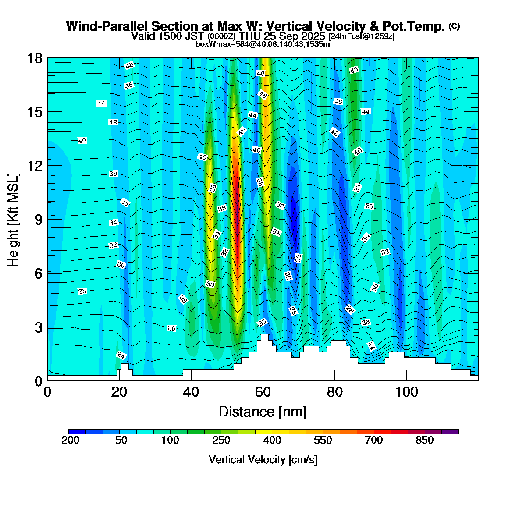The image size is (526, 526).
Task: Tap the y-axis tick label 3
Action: pos(37,327)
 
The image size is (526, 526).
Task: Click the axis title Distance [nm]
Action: pos(262,412)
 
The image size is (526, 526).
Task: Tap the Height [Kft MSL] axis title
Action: pos(14,220)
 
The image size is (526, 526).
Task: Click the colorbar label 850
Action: pos(425,441)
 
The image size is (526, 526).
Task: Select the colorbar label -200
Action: pos(69,441)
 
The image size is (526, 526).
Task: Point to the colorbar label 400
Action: pos(272,441)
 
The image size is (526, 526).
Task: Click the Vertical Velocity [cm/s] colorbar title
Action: pos(263,460)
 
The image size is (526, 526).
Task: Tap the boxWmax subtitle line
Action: pos(263,44)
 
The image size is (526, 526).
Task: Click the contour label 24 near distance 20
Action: pos(121,355)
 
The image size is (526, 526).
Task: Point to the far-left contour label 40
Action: pos(82,141)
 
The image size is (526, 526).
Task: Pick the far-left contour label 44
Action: pos(101,103)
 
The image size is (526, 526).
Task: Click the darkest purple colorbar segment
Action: pos(450,431)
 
